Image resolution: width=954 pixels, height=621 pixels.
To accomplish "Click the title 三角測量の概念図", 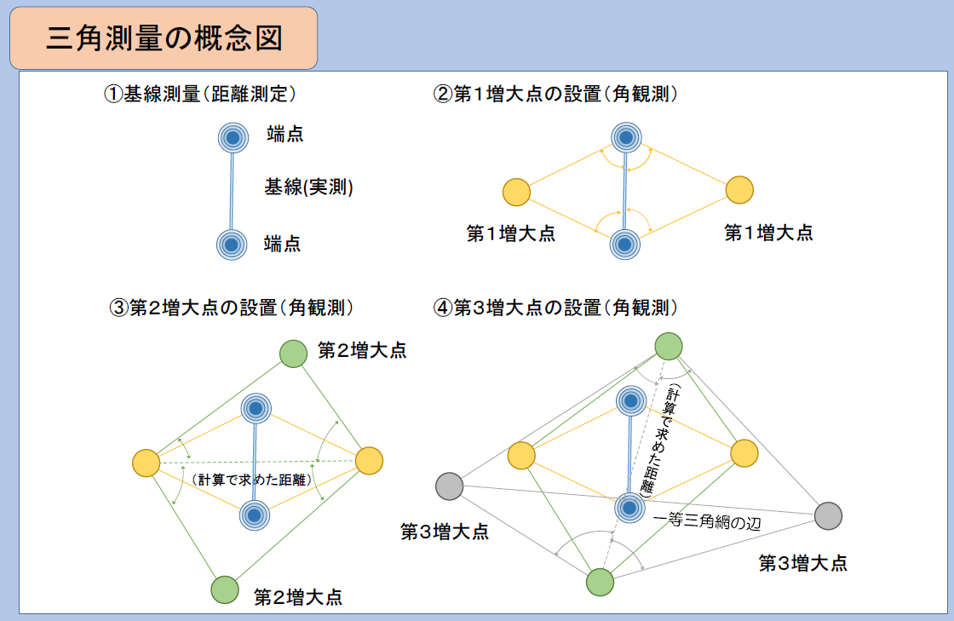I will pyautogui.click(x=164, y=39).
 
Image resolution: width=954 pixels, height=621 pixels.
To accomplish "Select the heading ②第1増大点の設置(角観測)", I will pyautogui.click(x=556, y=95).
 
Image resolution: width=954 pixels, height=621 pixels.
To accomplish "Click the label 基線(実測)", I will pyautogui.click(x=308, y=188).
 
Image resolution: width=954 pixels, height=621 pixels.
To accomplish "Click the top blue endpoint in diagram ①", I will pyautogui.click(x=232, y=136).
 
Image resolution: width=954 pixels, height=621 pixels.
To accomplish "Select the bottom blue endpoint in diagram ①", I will pyautogui.click(x=231, y=244).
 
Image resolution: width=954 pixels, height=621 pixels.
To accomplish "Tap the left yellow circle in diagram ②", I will pyautogui.click(x=516, y=193).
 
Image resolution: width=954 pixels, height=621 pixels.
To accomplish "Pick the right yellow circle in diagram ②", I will pyautogui.click(x=739, y=190).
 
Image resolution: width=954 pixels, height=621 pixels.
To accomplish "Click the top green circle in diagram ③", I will pyautogui.click(x=293, y=353).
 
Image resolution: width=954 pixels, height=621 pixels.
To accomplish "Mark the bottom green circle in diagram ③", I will pyautogui.click(x=224, y=589).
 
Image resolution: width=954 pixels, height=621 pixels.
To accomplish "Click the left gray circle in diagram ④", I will pyautogui.click(x=449, y=486).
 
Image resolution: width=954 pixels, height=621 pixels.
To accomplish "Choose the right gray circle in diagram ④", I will pyautogui.click(x=828, y=515).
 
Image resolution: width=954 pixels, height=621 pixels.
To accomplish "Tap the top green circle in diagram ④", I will pyautogui.click(x=669, y=346).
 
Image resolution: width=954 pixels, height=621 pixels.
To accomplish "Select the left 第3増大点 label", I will pyautogui.click(x=445, y=532).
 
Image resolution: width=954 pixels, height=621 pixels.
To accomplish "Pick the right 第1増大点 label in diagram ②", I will pyautogui.click(x=768, y=233).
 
